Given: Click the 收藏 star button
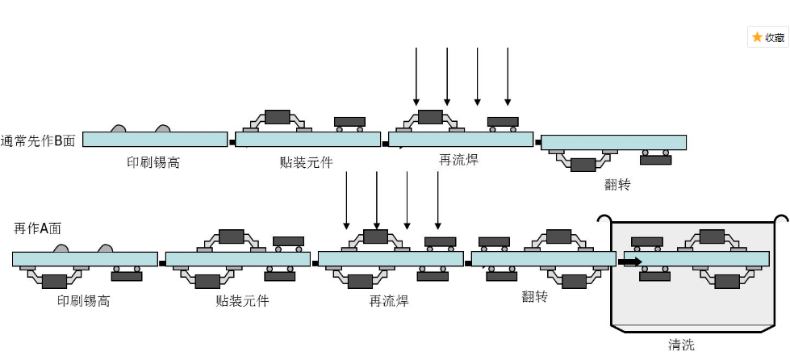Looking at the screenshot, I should tap(767, 37).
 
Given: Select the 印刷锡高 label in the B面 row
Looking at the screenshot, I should tap(153, 162).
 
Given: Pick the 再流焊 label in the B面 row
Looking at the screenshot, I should tap(458, 160).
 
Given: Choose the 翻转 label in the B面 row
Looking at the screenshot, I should tap(617, 184).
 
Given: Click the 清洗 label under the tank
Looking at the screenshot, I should tap(681, 345).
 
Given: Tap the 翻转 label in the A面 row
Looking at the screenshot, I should tap(534, 296).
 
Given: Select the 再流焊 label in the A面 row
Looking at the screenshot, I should tap(389, 301).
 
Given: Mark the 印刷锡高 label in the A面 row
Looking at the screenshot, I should tap(83, 301).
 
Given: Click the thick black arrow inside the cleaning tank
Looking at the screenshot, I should tap(630, 262).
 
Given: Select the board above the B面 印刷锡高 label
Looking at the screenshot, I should tap(154, 140).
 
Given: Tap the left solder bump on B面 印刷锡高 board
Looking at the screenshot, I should tap(119, 128).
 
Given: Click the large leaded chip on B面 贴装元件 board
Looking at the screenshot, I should tap(277, 116).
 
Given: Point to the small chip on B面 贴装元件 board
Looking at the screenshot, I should tap(349, 122).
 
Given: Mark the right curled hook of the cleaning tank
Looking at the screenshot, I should tap(782, 219).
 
